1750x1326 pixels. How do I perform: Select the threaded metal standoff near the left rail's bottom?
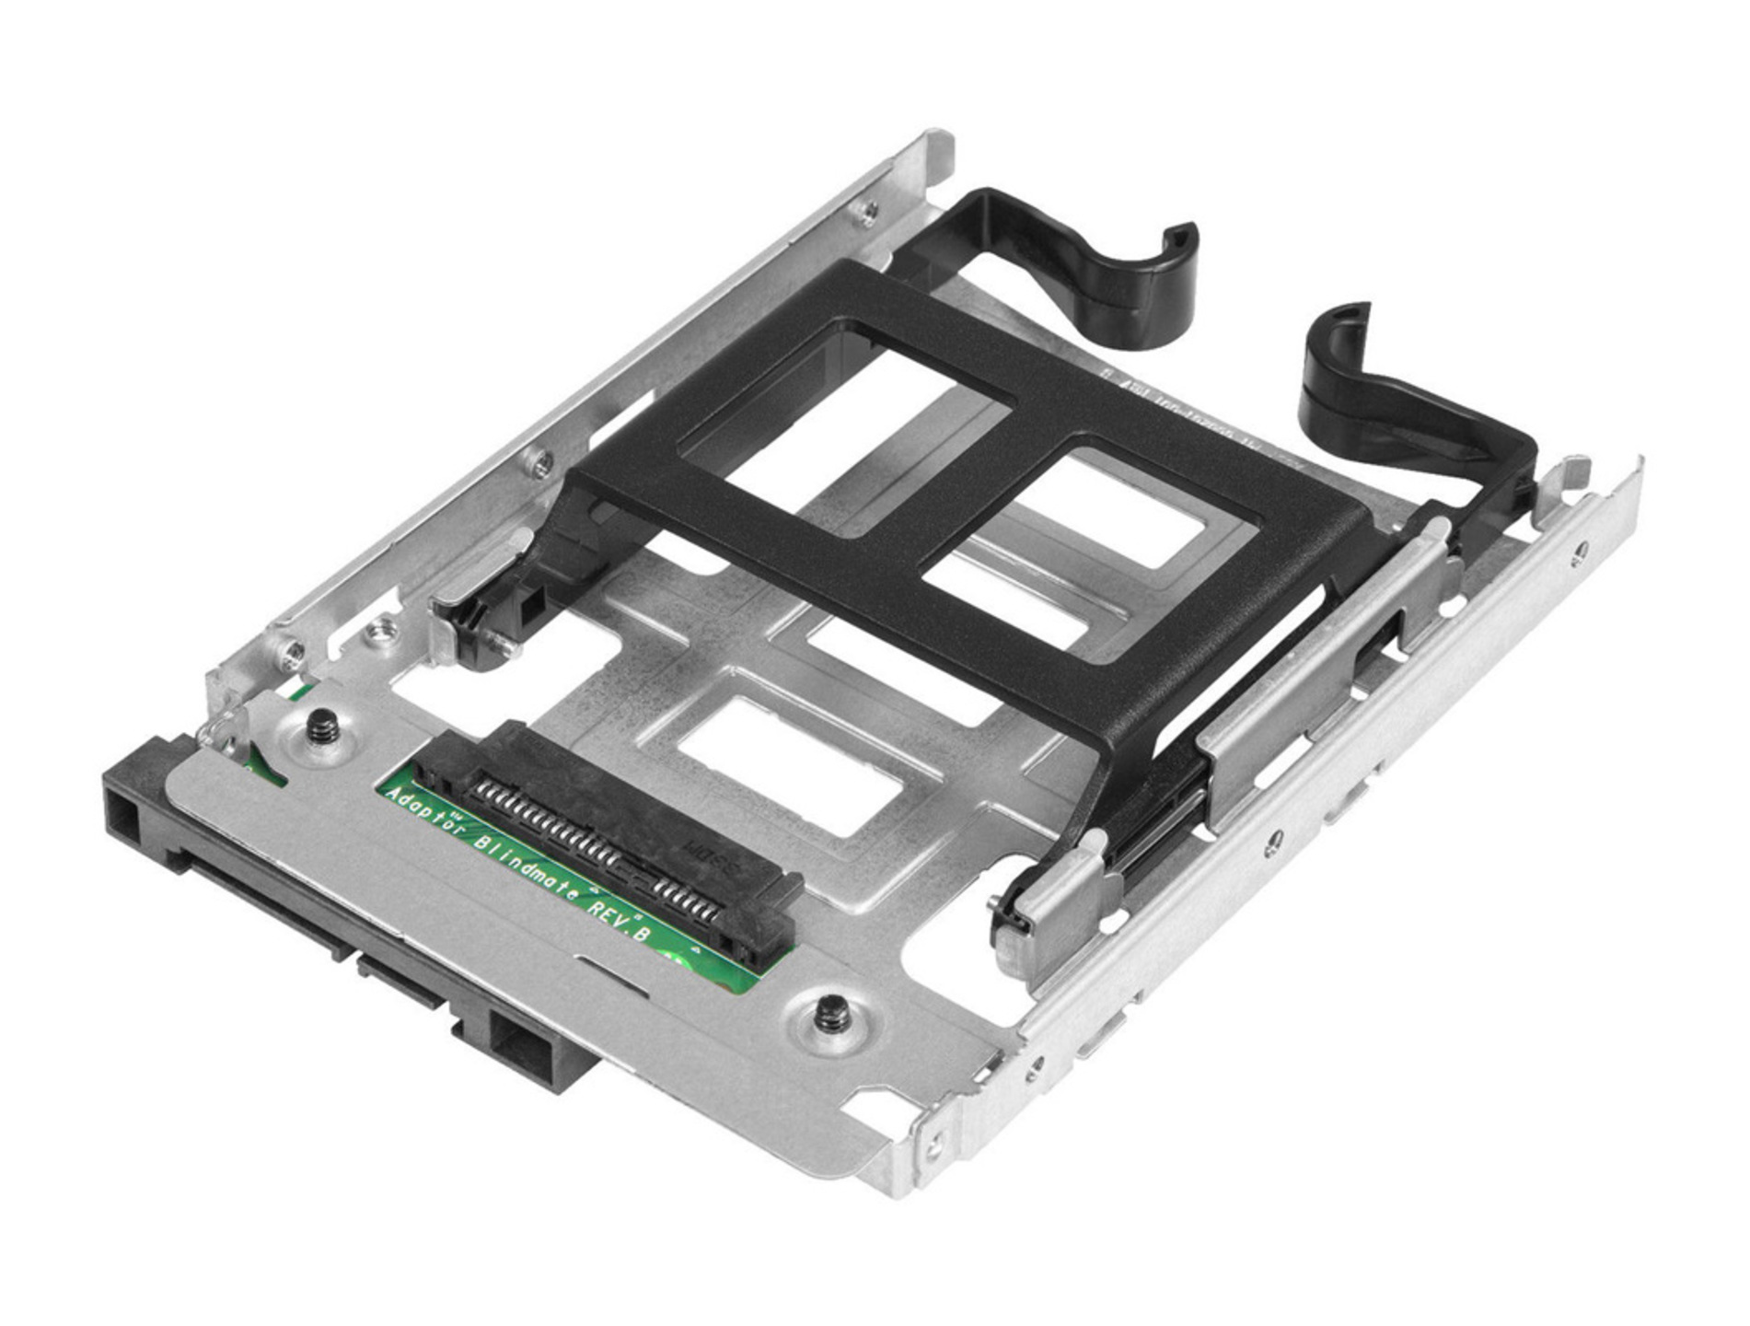[381, 633]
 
